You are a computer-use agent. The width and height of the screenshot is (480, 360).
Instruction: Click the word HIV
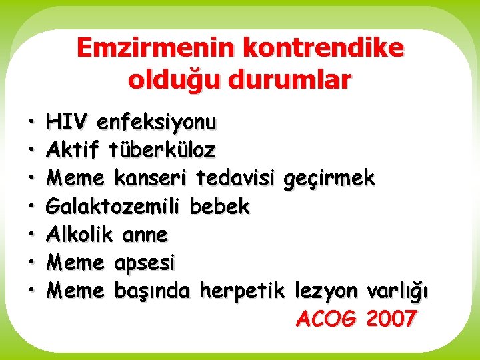67,122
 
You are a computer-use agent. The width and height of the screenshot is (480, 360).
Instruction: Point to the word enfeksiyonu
157,122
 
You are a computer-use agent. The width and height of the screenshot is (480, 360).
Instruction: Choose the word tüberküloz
163,150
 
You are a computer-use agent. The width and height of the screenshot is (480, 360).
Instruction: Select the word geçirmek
329,179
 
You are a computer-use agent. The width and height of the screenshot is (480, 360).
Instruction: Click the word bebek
219,207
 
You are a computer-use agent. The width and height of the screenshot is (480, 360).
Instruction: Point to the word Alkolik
80,235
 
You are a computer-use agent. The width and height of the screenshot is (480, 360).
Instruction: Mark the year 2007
391,319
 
